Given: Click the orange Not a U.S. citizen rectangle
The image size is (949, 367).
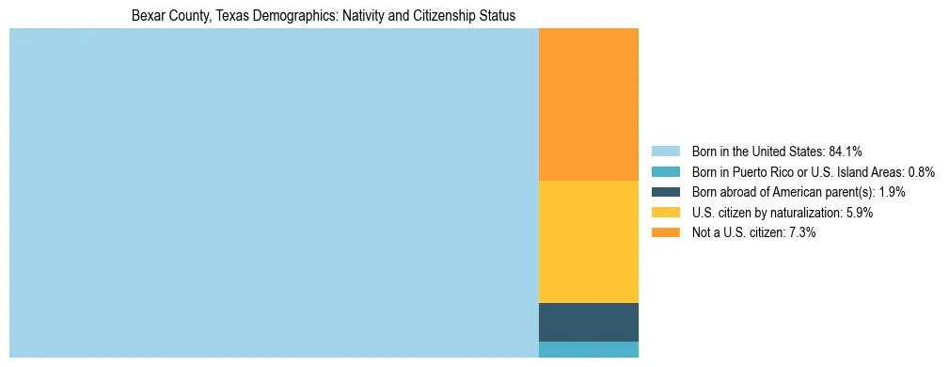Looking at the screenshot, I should [x=588, y=104].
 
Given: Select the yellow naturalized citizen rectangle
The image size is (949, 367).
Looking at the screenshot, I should [x=588, y=241].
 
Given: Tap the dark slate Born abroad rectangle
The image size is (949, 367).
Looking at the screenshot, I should [x=588, y=322].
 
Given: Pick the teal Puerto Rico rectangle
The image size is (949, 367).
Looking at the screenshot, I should [x=588, y=349].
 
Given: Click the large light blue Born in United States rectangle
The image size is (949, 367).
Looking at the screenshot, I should [x=273, y=193].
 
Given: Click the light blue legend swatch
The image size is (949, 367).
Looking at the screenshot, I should [x=665, y=151].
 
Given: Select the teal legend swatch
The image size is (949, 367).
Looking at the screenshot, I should [x=665, y=171].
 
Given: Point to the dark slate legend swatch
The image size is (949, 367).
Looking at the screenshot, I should [x=665, y=192].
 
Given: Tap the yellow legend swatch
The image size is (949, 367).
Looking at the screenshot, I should [x=665, y=213].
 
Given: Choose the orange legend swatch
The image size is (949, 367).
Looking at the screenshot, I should [x=665, y=232].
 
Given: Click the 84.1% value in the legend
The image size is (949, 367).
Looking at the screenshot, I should [x=846, y=151].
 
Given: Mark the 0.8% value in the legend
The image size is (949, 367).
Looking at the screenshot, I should [x=920, y=171].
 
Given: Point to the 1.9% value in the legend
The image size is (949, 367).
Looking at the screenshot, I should [x=890, y=192].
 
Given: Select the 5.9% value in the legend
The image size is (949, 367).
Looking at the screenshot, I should [x=858, y=213].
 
